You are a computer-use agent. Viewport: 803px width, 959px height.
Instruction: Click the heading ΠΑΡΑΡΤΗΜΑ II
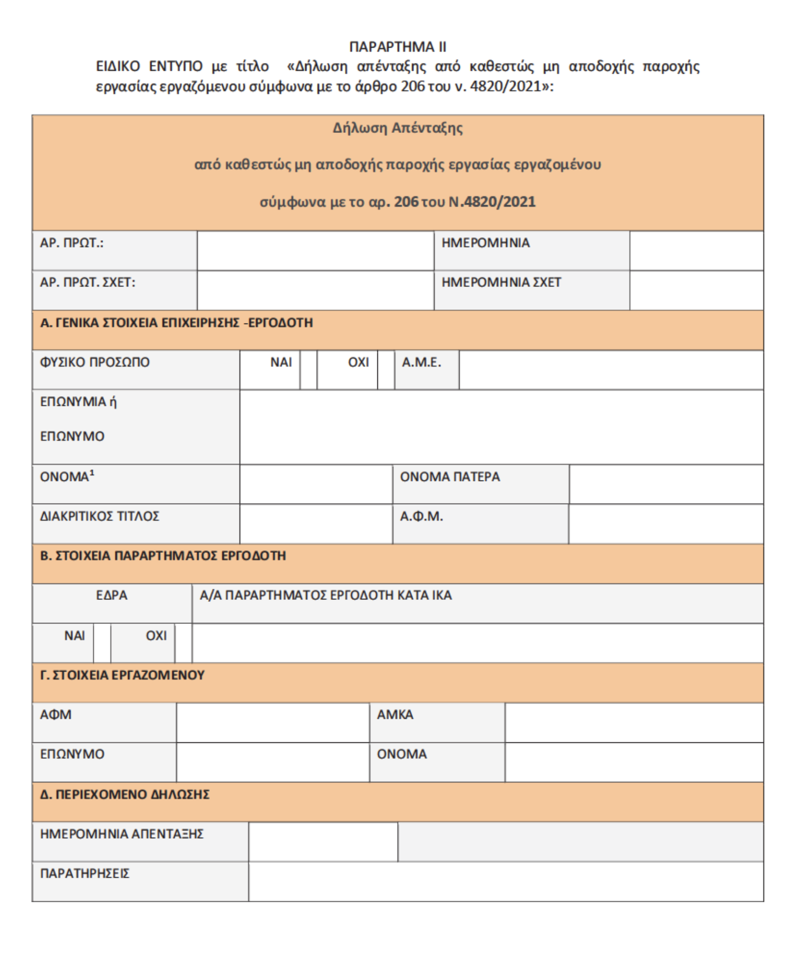397,47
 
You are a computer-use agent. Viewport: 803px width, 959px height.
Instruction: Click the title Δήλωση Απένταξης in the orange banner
397,128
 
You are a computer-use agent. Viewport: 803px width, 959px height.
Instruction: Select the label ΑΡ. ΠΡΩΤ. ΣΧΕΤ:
88,282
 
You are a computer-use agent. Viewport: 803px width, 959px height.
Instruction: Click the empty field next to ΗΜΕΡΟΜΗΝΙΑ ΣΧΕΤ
696,290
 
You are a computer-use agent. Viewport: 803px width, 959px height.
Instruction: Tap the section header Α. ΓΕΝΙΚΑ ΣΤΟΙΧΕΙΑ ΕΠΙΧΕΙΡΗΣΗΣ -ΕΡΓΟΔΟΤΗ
176,323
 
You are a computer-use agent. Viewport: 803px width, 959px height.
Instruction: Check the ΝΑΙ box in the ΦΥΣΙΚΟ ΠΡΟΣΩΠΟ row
308,370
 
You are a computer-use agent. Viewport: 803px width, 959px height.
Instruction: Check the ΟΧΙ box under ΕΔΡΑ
183,643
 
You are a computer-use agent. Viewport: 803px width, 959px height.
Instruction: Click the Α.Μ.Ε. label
422,362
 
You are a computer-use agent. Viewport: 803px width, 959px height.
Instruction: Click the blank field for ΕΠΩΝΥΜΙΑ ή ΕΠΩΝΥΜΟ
501,427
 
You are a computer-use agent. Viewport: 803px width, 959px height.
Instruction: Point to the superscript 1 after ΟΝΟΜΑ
92,473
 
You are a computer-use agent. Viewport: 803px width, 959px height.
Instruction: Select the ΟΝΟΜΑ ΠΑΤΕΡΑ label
450,476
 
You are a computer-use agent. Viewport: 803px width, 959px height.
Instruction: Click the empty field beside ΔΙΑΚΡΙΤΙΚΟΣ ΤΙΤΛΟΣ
316,524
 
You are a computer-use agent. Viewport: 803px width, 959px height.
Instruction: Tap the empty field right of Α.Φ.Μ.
666,524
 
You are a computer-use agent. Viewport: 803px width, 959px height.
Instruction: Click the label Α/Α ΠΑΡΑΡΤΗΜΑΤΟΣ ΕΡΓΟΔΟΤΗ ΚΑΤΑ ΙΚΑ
326,595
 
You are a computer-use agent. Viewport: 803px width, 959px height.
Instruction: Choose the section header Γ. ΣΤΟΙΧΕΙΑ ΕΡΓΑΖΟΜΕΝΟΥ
122,675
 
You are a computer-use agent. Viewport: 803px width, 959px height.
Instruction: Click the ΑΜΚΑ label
395,714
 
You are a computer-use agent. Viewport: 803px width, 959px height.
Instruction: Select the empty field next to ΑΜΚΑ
634,722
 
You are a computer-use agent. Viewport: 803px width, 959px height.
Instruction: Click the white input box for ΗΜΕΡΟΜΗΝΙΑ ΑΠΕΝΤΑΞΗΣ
323,842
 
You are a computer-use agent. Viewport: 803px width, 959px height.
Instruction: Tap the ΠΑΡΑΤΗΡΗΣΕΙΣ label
85,873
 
